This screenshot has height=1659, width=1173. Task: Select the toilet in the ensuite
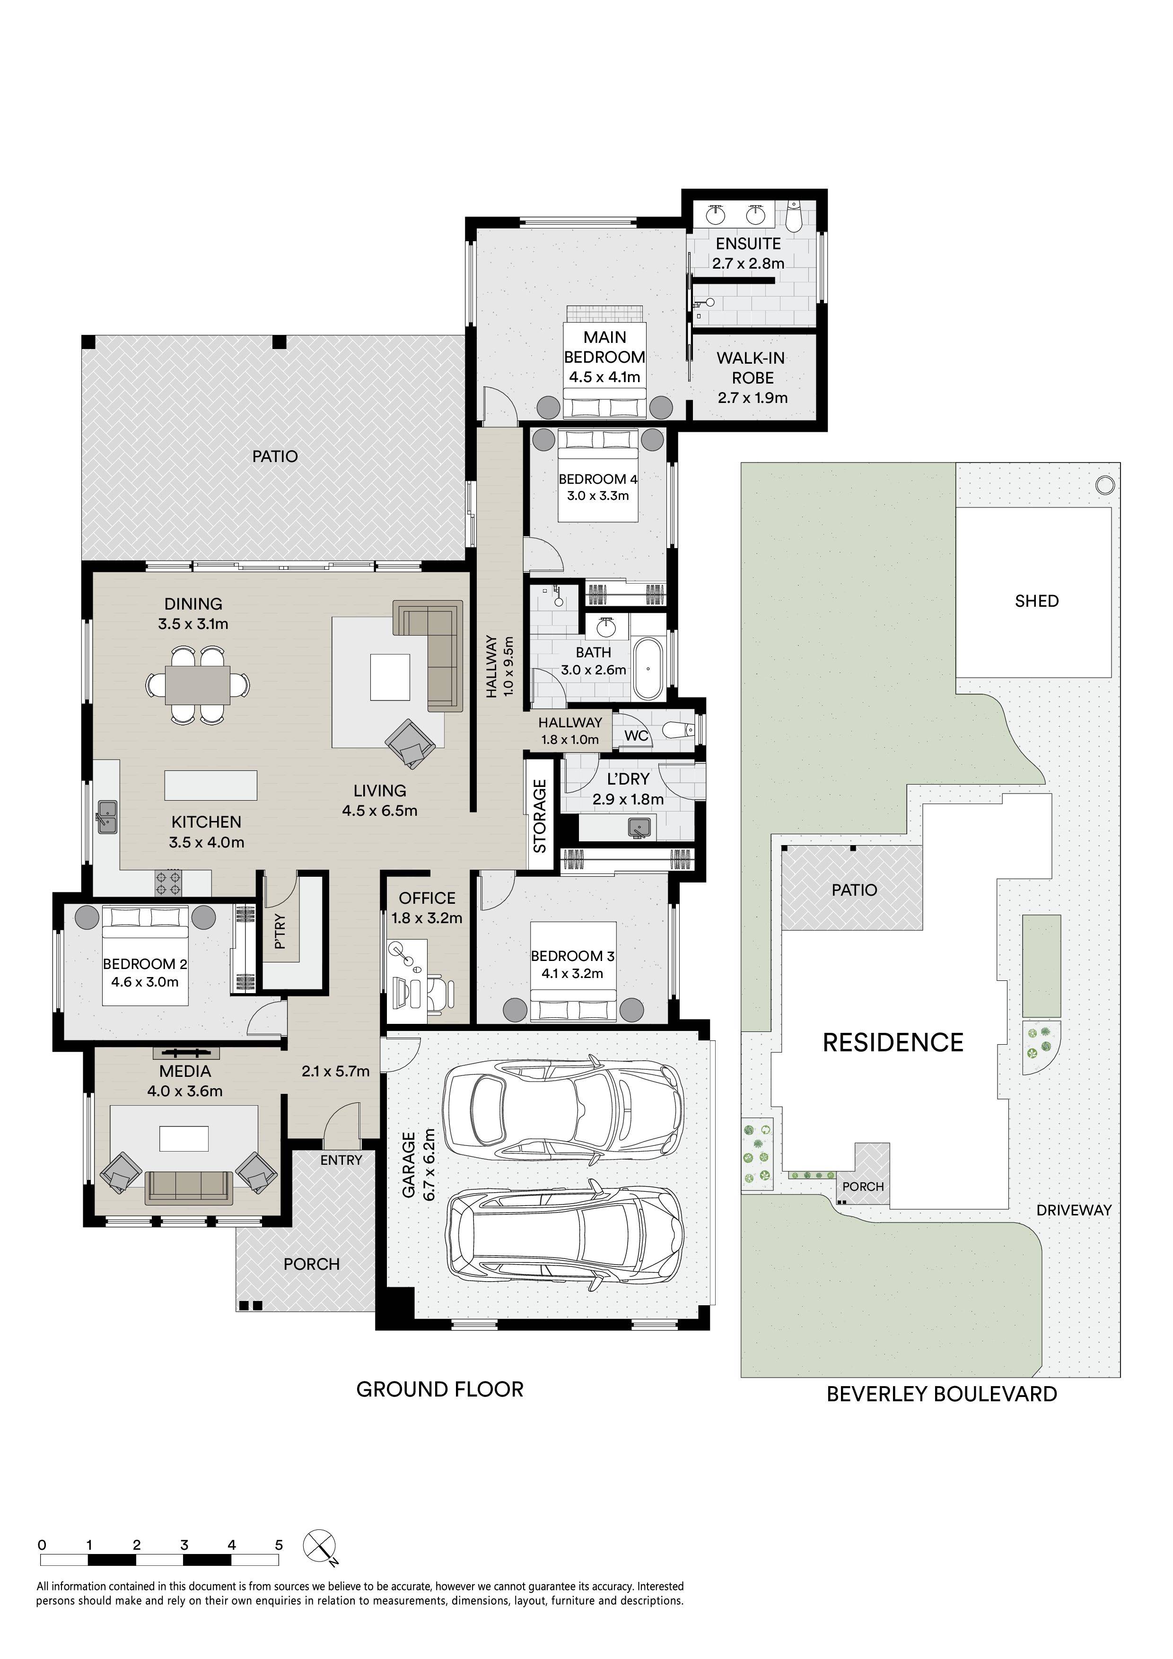click(794, 215)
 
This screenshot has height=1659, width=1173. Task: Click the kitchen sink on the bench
click(108, 816)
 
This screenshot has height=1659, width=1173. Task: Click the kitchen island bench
click(211, 786)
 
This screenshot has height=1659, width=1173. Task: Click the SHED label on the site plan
click(1036, 601)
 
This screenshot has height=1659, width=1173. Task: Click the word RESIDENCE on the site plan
click(893, 1043)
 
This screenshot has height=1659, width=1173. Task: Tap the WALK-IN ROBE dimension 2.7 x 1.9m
click(753, 397)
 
